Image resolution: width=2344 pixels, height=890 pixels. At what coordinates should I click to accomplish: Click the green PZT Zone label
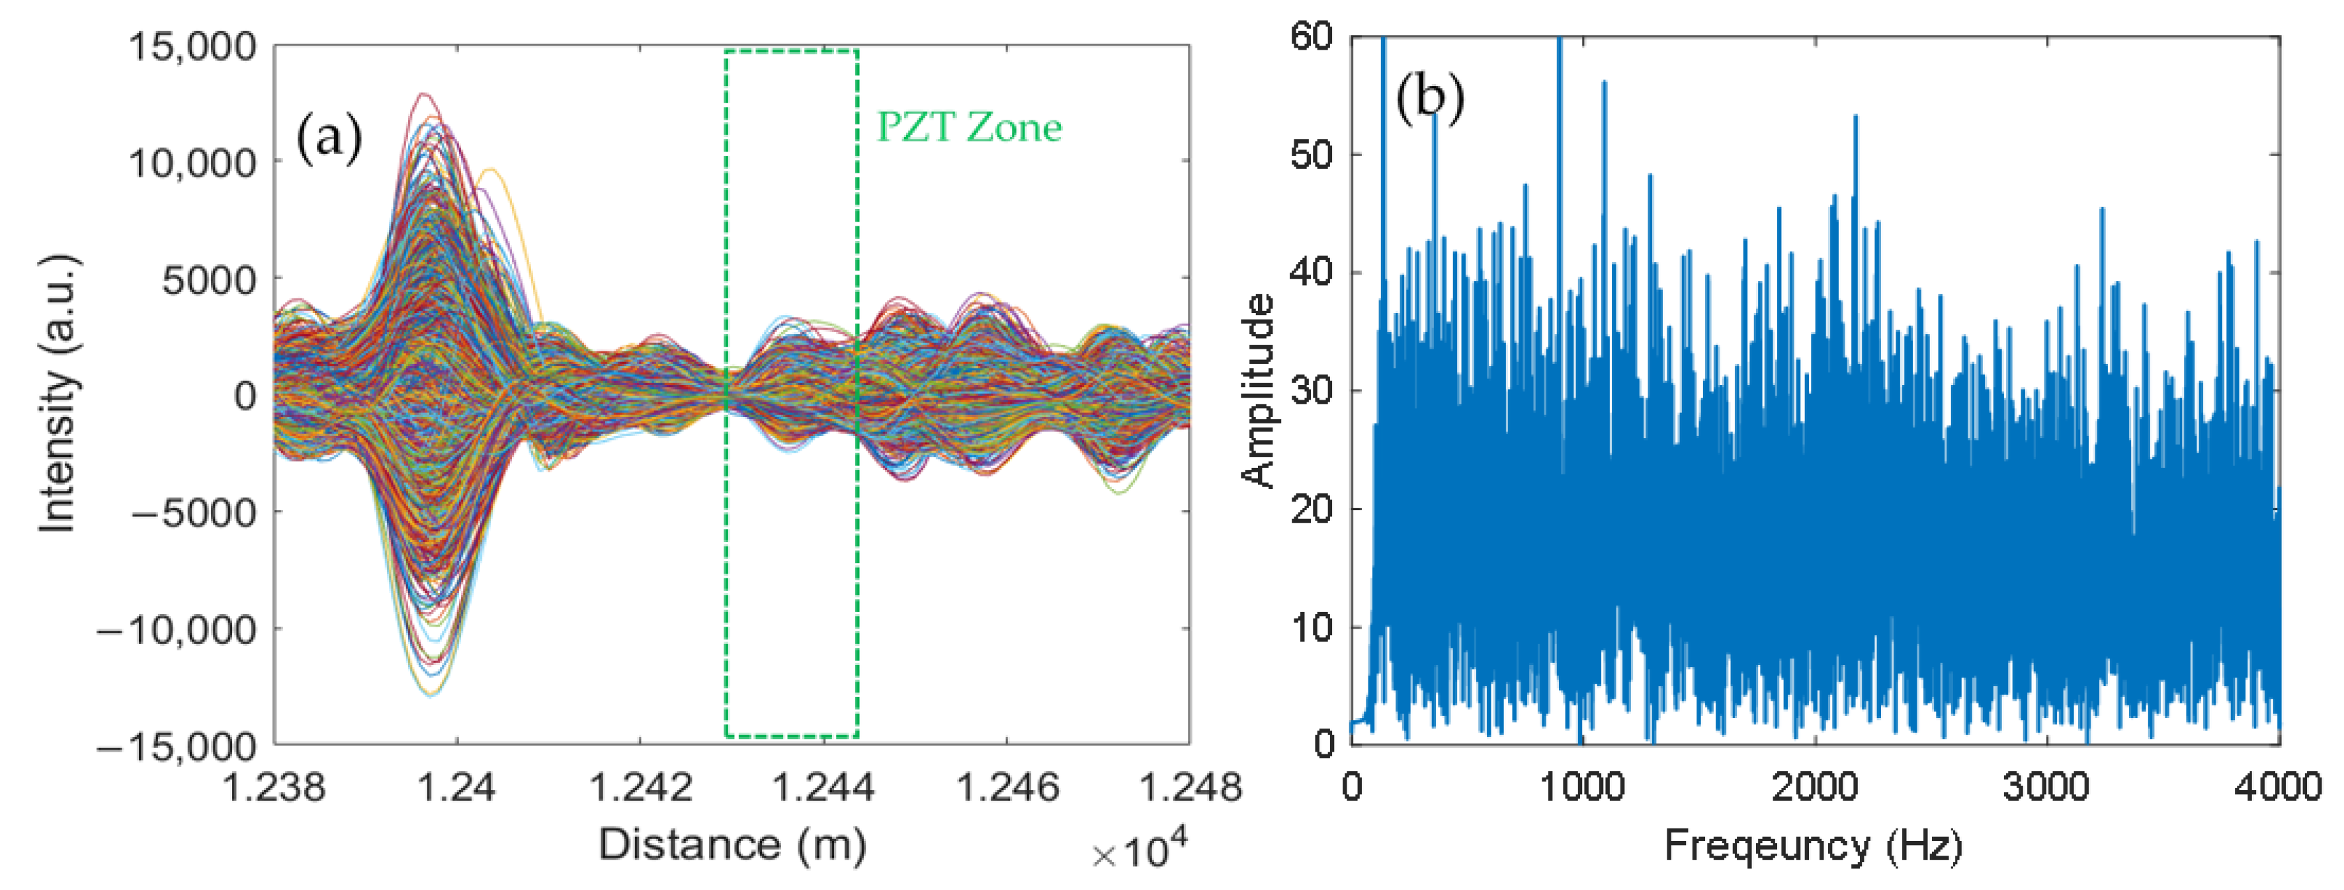968,128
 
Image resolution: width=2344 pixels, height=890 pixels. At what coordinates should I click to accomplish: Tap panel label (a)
329,138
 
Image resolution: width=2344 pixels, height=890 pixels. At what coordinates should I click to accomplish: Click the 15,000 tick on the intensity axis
193,46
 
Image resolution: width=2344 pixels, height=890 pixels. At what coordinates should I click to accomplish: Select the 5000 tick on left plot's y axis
209,279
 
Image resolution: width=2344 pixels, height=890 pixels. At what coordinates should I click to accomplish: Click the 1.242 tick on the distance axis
641,786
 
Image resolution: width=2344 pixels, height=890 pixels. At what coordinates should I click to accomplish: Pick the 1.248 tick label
1189,786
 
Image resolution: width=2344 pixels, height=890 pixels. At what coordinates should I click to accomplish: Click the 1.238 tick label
274,786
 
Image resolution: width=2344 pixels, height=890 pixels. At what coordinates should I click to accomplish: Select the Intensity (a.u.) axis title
58,393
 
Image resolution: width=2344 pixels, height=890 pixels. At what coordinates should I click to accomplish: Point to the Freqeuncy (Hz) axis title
1813,846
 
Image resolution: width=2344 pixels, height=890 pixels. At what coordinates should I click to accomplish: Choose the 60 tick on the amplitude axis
1310,37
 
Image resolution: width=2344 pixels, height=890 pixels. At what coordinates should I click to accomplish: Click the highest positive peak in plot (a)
422,95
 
